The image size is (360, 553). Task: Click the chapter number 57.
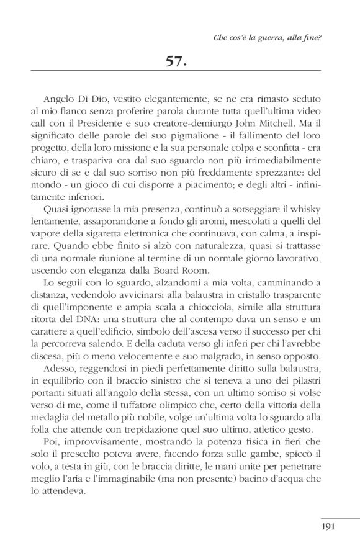point(179,61)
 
